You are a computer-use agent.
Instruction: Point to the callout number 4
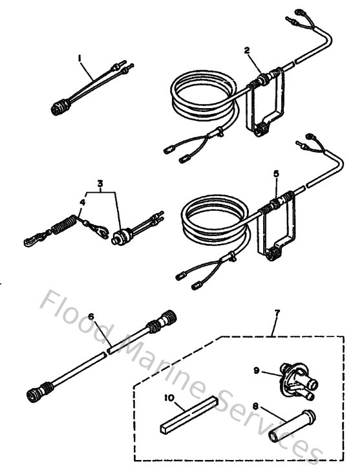tap(80, 202)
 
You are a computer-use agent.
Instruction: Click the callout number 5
tap(276, 175)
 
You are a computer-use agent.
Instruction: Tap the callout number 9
tap(257, 371)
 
